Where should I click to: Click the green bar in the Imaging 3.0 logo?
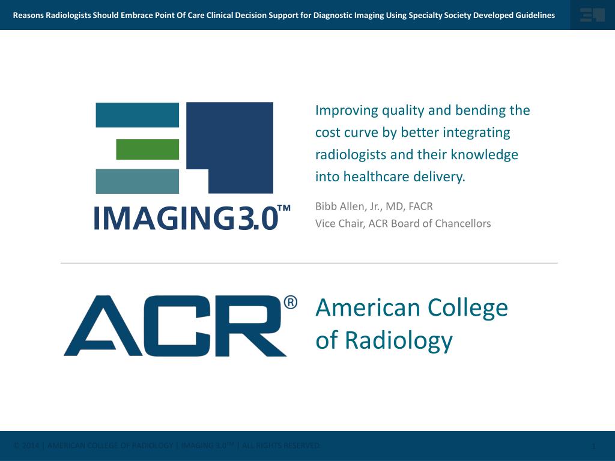pyautogui.click(x=147, y=149)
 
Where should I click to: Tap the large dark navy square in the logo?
pyautogui.click(x=240, y=138)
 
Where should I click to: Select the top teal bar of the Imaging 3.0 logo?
pyautogui.click(x=137, y=115)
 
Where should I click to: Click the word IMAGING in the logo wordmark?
pyautogui.click(x=163, y=218)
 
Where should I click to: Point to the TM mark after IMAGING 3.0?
pyautogui.click(x=284, y=208)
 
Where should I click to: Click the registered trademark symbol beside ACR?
pyautogui.click(x=290, y=302)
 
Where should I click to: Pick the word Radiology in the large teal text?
pyautogui.click(x=398, y=341)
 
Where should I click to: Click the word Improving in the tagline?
pyautogui.click(x=347, y=110)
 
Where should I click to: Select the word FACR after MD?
pyautogui.click(x=420, y=206)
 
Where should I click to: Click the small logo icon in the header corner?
pyautogui.click(x=592, y=15)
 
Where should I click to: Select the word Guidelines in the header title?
pyautogui.click(x=533, y=15)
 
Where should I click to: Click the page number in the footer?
pyautogui.click(x=593, y=446)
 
